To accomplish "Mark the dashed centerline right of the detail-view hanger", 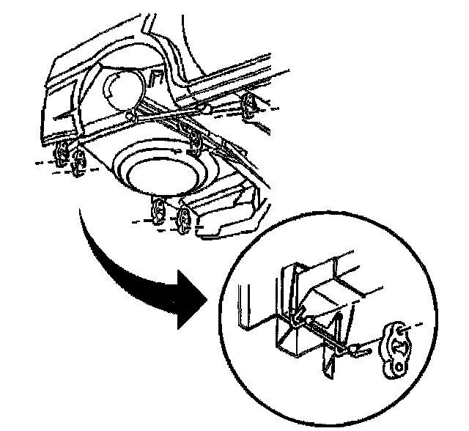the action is point(416,323).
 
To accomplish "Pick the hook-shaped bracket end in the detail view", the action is point(296,319).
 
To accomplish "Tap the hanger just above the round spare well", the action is point(196,139).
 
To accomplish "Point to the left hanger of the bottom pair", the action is point(158,210).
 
